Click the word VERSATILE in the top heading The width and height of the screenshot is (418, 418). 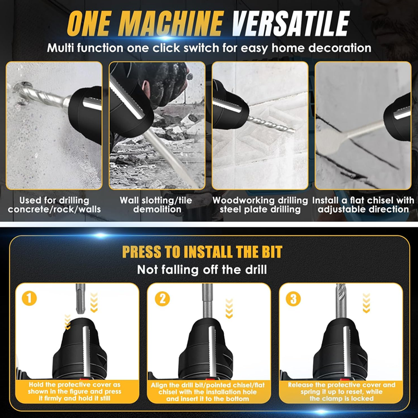291,24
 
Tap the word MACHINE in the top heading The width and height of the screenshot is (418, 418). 171,24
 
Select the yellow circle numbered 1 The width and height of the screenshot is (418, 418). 29,298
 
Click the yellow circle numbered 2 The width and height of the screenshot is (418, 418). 162,298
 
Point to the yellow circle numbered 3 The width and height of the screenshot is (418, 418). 293,298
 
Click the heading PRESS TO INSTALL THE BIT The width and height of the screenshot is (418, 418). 202,252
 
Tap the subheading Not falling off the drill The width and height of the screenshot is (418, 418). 202,270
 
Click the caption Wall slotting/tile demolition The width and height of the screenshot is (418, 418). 156,205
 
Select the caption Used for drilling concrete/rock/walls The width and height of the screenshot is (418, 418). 54,205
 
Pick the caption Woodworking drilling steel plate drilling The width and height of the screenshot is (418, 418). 260,205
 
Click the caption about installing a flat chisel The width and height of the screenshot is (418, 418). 363,205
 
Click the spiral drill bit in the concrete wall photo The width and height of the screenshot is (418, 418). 40,94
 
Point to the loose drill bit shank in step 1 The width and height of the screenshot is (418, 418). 80,298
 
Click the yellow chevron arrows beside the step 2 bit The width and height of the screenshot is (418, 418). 229,308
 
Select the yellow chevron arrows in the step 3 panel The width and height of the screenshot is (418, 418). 366,303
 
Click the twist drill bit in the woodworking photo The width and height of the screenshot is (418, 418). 271,124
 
